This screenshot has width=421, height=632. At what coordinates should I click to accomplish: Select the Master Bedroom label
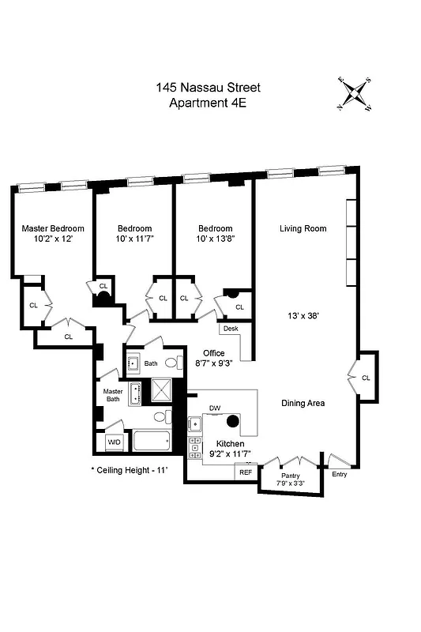[53, 228]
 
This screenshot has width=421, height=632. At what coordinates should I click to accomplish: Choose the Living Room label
[303, 229]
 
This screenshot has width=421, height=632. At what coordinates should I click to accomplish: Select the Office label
[213, 353]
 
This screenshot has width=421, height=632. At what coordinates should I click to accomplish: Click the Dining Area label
[303, 403]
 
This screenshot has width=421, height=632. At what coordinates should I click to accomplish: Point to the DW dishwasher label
[214, 408]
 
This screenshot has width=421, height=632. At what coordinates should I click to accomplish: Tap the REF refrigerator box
[246, 472]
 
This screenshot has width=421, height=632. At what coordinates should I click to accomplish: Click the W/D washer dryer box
[114, 442]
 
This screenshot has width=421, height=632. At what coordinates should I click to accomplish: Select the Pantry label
[290, 476]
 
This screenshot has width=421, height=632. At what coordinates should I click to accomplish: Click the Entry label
[339, 474]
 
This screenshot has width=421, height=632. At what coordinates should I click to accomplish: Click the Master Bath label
[113, 394]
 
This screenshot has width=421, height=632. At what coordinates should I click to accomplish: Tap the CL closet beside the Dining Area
[366, 378]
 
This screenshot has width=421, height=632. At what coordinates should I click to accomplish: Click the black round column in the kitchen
[233, 419]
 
